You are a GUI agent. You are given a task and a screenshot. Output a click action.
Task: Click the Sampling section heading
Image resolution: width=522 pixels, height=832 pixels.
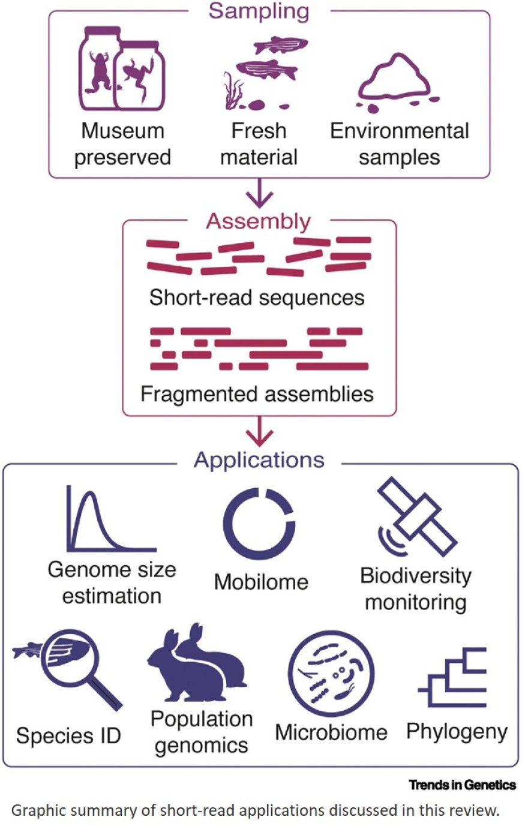coord(259,11)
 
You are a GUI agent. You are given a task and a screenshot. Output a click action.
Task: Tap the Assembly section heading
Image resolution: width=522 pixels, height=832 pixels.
coord(259,221)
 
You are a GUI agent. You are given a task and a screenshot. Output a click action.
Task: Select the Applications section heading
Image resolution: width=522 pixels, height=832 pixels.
coord(259,460)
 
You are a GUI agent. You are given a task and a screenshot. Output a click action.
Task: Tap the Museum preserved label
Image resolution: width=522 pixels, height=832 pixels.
coord(122,144)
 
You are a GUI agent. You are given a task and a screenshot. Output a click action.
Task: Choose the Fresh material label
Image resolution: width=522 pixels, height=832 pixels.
coord(259,144)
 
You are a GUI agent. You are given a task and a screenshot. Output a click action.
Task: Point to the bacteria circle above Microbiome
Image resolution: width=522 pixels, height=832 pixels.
coord(331,674)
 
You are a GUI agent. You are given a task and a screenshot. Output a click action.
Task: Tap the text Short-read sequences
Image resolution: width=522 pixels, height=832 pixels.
coord(257,298)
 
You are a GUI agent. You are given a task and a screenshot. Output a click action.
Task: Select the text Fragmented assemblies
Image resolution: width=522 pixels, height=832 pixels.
coord(257,394)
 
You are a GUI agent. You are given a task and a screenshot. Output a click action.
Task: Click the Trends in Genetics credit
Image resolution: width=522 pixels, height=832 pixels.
coord(462,785)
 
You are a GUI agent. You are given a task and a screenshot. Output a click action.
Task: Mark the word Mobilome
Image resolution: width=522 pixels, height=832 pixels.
coord(261,581)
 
